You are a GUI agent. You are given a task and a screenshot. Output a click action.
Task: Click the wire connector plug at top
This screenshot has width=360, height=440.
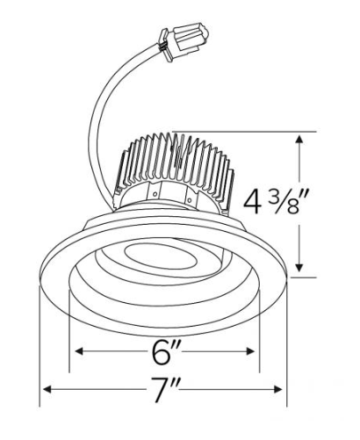click(x=183, y=41)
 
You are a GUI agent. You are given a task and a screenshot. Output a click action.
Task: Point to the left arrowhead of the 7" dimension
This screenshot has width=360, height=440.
click(x=47, y=390)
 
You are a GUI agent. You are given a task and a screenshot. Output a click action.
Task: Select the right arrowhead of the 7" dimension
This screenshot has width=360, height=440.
click(x=277, y=390)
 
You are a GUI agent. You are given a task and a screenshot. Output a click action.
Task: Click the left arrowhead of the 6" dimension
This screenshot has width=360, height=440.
click(x=79, y=351)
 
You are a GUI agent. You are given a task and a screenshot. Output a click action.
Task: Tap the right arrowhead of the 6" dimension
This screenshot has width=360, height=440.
click(x=250, y=351)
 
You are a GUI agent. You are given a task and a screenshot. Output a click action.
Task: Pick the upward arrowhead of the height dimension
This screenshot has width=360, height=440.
click(x=299, y=139)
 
